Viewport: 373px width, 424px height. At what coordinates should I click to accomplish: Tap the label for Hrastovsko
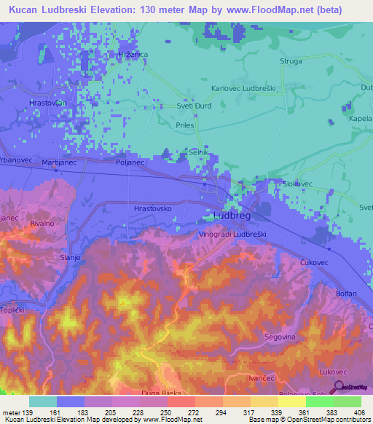pos(153,208)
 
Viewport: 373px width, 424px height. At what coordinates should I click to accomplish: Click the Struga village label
pos(291,62)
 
